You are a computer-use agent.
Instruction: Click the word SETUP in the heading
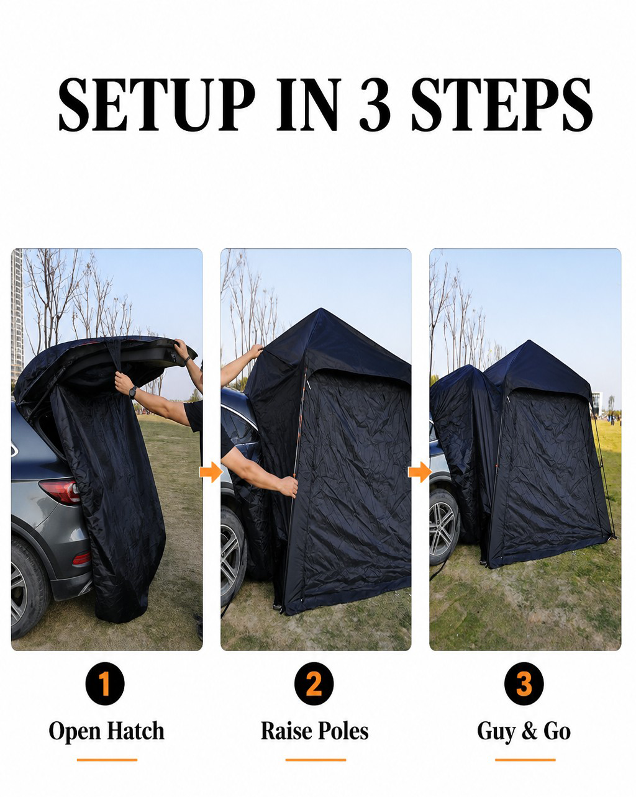tap(157, 105)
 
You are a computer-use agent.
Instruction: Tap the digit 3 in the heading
tap(375, 105)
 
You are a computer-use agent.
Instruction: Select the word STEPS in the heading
tap(502, 105)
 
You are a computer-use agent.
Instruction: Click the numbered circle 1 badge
tap(105, 683)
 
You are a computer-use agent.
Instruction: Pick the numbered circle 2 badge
tap(314, 683)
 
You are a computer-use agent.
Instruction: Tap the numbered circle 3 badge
tap(524, 683)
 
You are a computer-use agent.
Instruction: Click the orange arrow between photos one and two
tap(211, 472)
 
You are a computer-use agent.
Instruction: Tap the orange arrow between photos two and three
tap(420, 472)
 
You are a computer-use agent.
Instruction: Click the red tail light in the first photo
tap(61, 492)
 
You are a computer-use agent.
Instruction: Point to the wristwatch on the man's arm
tap(133, 392)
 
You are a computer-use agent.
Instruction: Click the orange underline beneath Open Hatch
tap(107, 760)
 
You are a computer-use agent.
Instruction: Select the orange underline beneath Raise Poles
tap(316, 760)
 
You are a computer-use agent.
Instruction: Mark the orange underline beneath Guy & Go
tap(525, 760)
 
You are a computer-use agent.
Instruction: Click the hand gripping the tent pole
tap(288, 487)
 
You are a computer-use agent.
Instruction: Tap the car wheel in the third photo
tap(443, 522)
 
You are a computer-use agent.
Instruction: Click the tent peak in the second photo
tap(321, 310)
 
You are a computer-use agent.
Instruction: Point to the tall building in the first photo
tap(17, 315)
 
